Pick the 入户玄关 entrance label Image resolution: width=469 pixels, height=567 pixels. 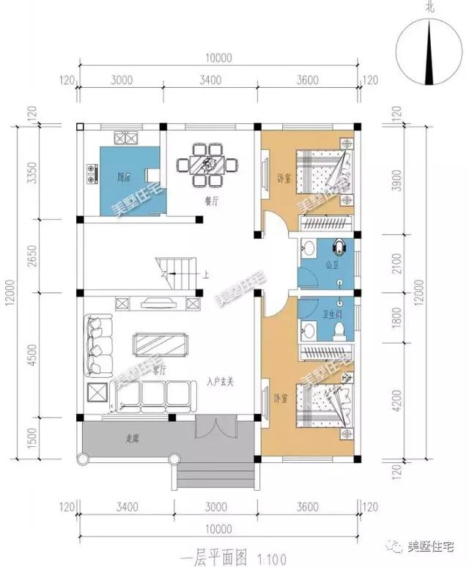pyautogui.click(x=220, y=382)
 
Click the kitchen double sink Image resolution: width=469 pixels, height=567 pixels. pyautogui.click(x=125, y=138)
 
